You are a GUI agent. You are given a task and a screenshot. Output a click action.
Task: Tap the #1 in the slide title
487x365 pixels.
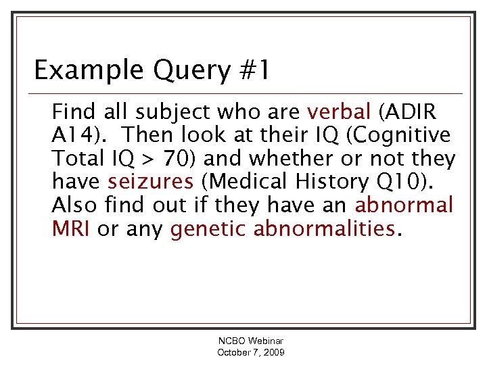[254, 70]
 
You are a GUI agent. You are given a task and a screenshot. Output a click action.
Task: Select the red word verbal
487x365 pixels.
[339, 111]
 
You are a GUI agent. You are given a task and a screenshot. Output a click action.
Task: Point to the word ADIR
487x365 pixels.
[413, 111]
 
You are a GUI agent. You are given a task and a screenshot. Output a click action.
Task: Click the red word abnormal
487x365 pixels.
[404, 205]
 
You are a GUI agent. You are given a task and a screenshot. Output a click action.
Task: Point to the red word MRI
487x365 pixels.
[72, 229]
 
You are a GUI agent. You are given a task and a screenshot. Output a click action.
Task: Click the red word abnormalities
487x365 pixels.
[325, 229]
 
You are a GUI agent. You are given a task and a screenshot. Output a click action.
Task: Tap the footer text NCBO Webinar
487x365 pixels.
[251, 342]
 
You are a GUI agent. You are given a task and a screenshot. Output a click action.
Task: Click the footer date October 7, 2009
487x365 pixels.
[251, 353]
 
